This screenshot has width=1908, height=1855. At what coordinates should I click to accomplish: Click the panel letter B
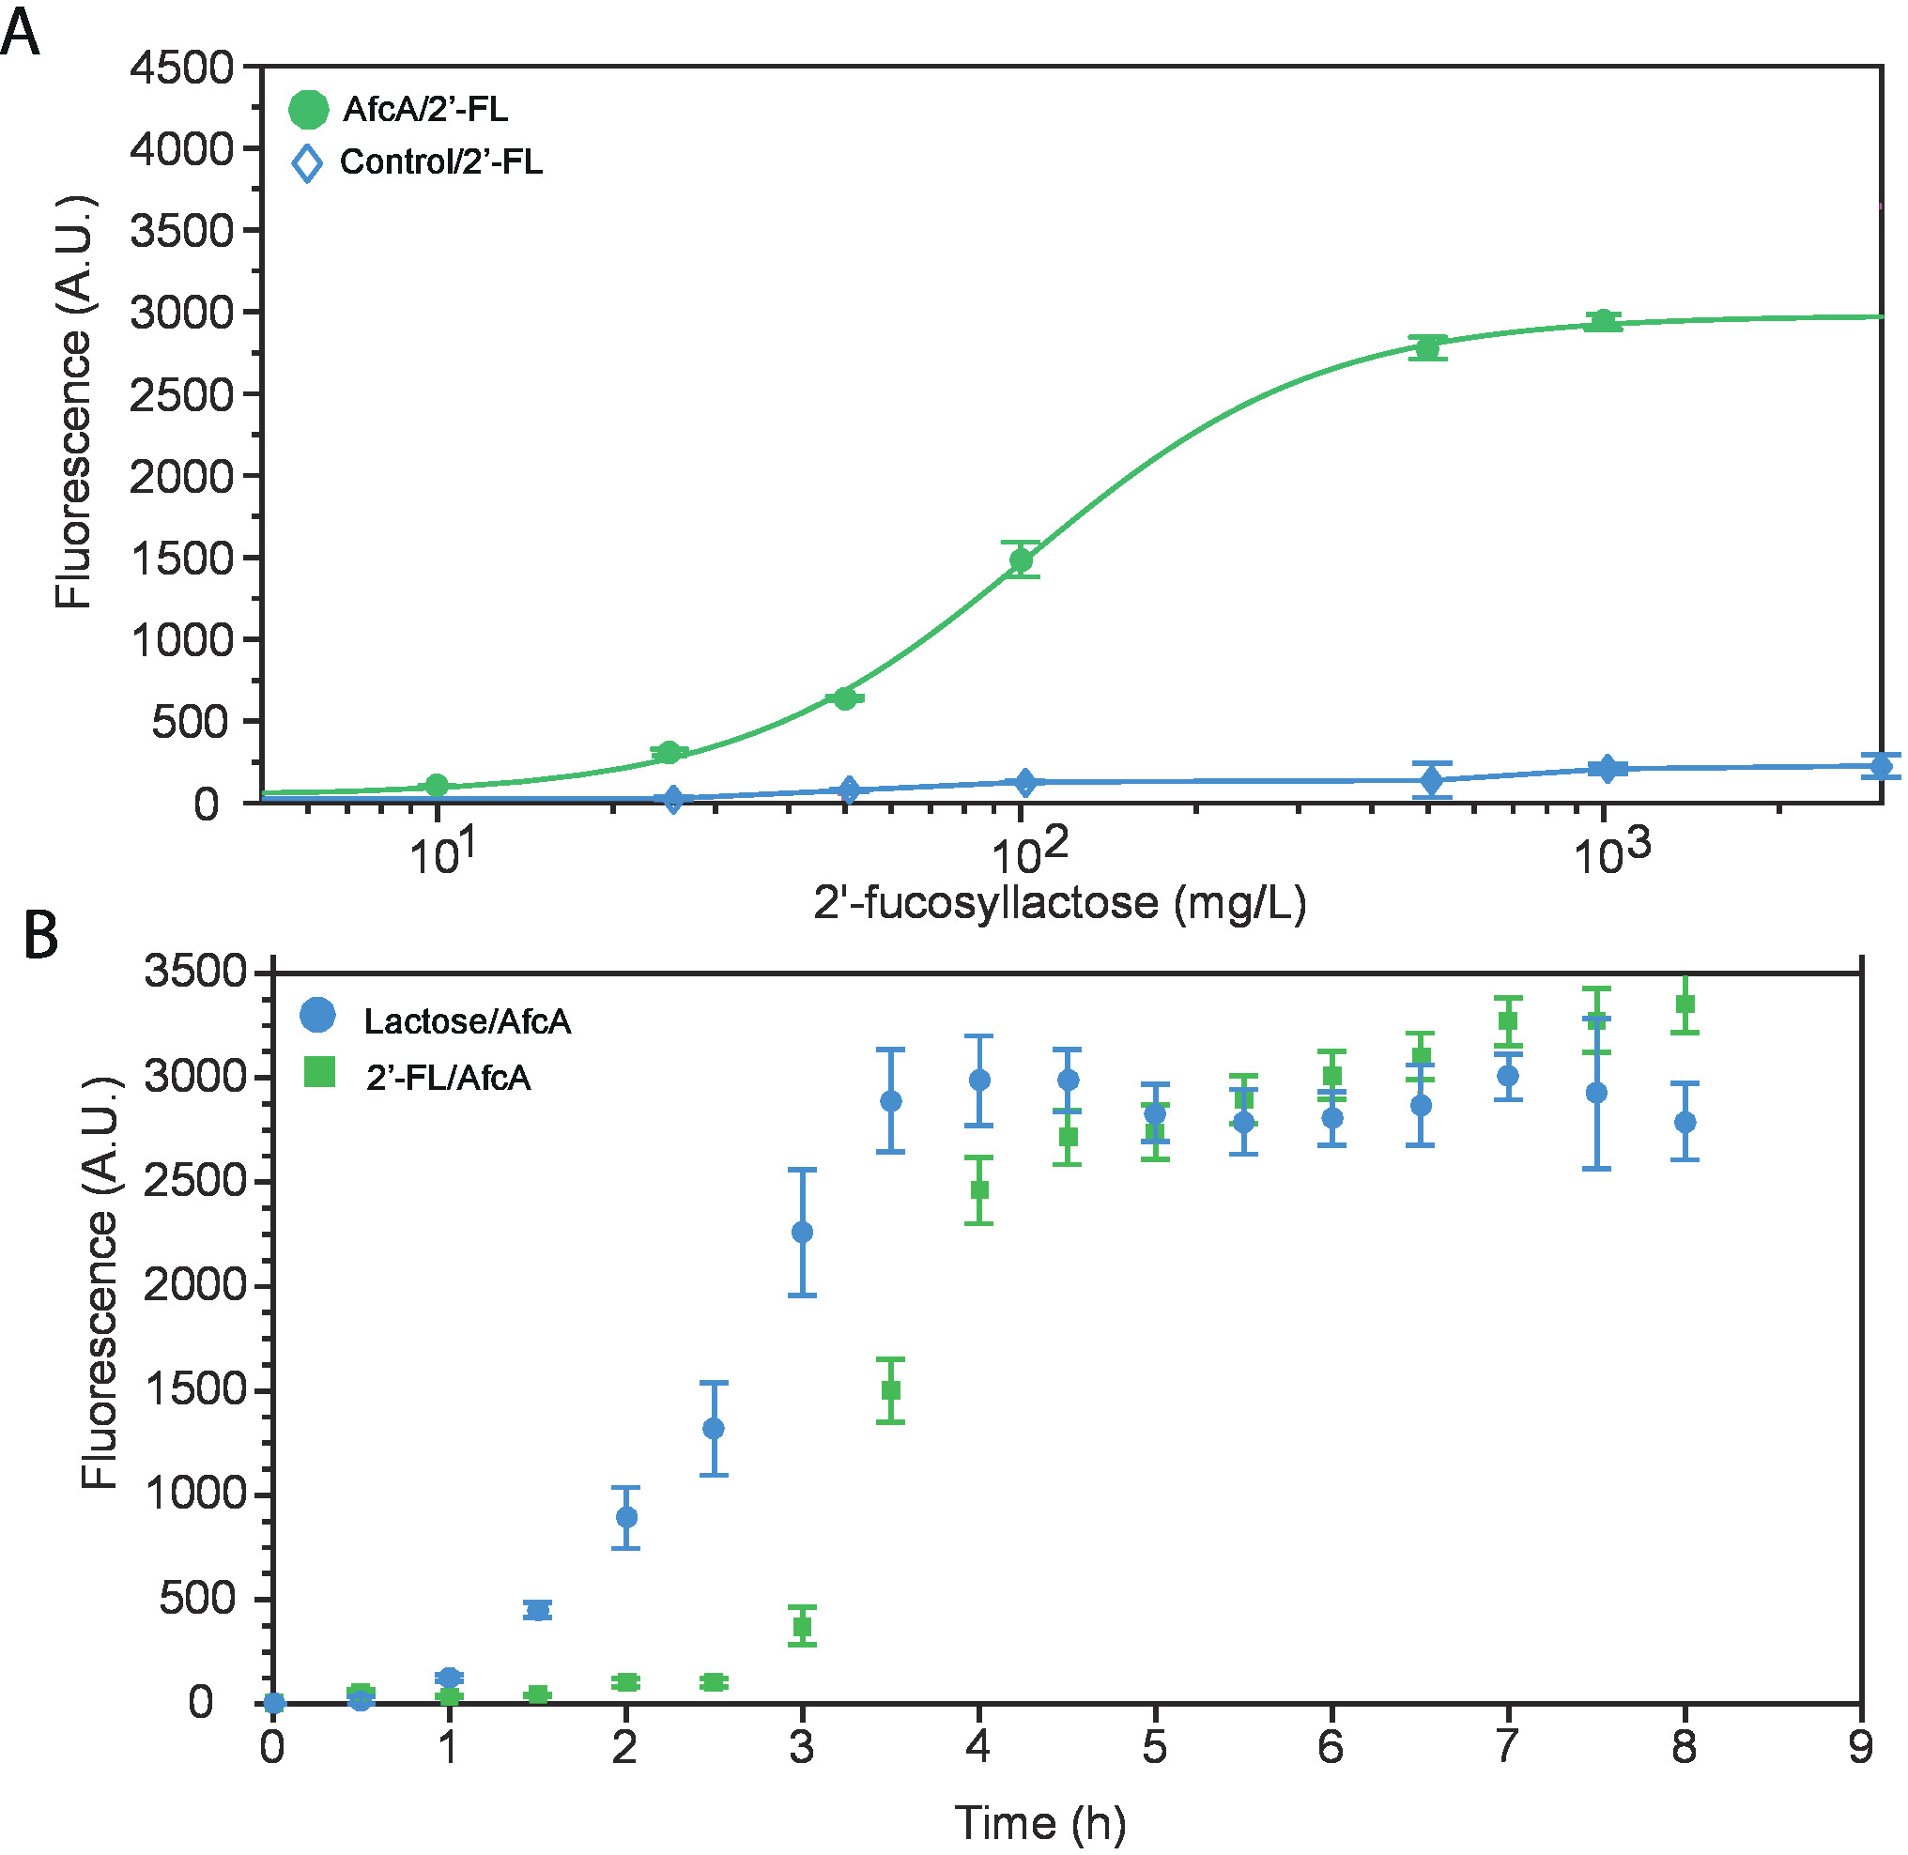(x=41, y=934)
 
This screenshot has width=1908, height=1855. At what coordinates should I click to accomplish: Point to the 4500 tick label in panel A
(x=182, y=68)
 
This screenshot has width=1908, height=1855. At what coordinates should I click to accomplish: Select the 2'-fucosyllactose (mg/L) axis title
(x=1059, y=903)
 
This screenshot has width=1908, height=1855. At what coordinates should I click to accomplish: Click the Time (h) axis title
(x=1039, y=1823)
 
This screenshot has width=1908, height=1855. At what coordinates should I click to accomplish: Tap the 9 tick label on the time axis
(x=1860, y=1748)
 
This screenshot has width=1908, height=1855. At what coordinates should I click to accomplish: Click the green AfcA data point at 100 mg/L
(x=1021, y=560)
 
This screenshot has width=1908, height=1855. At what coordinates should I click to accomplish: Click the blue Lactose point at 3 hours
(x=802, y=1233)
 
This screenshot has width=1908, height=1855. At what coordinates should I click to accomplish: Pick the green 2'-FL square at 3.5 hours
(x=891, y=1390)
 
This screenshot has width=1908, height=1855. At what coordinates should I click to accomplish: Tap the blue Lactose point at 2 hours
(x=626, y=1517)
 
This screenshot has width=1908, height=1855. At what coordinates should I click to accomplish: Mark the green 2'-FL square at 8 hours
(x=1685, y=1004)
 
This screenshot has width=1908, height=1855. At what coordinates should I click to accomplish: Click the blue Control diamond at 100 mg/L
(x=1024, y=781)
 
